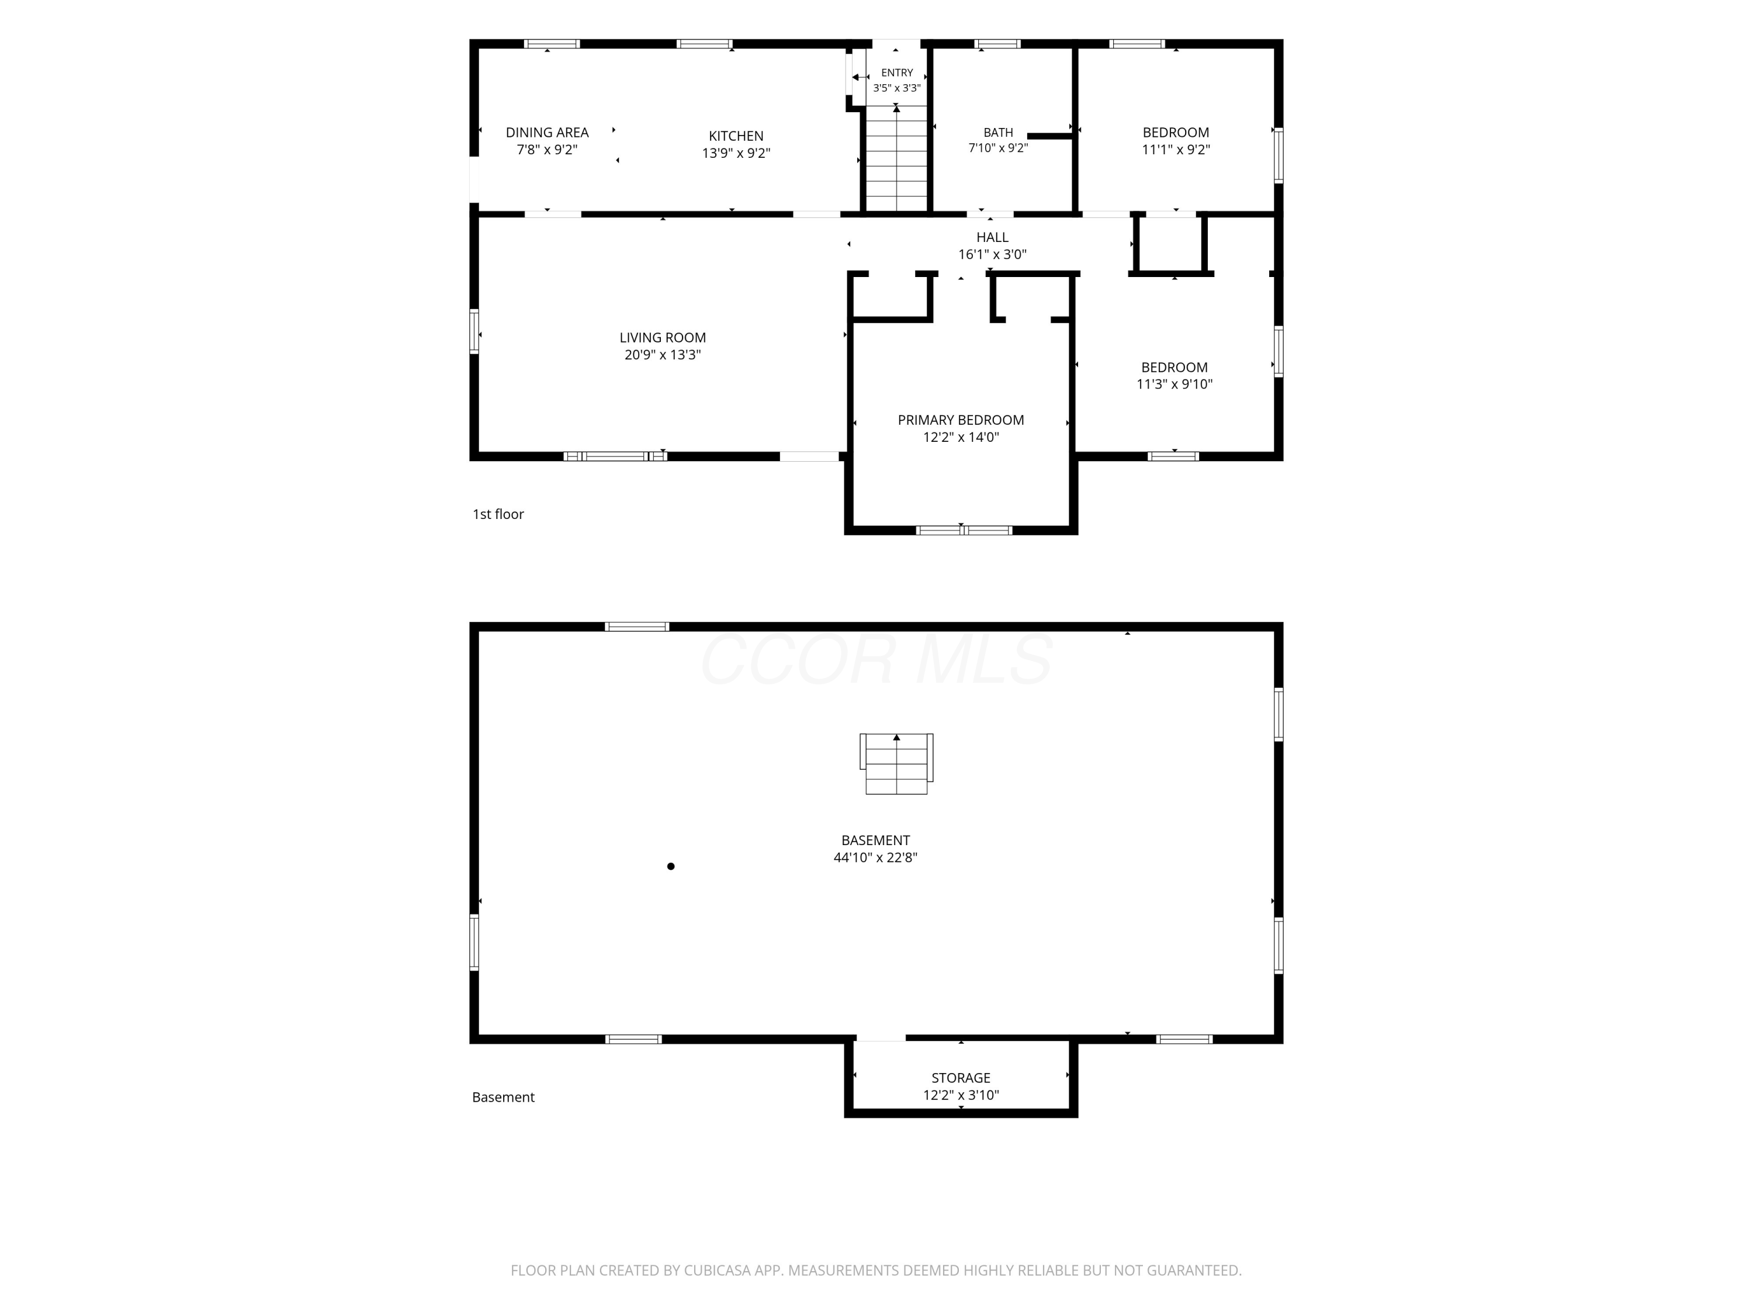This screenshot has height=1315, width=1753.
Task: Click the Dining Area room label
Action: (547, 132)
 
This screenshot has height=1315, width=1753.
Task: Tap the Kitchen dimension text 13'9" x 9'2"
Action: (736, 153)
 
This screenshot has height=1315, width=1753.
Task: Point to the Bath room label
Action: (999, 132)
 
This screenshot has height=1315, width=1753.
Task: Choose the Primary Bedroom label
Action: (961, 420)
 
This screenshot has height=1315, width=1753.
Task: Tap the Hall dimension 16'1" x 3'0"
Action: (992, 254)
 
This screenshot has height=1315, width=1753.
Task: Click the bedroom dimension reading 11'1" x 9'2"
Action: (1176, 149)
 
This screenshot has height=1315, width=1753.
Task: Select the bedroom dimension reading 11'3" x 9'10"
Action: (1175, 385)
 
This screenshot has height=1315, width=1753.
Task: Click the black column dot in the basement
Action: (670, 866)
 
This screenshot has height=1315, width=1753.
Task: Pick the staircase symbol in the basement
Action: (896, 763)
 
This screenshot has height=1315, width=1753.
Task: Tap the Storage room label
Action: (961, 1078)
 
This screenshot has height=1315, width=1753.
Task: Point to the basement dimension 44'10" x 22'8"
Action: (876, 857)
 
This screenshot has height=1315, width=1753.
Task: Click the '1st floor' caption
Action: (498, 514)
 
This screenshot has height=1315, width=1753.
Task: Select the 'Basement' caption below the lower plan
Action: (503, 1097)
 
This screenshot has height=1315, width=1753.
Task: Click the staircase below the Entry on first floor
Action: (896, 158)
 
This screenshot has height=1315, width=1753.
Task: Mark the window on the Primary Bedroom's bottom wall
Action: (964, 530)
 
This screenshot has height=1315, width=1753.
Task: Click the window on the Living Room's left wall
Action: (474, 331)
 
